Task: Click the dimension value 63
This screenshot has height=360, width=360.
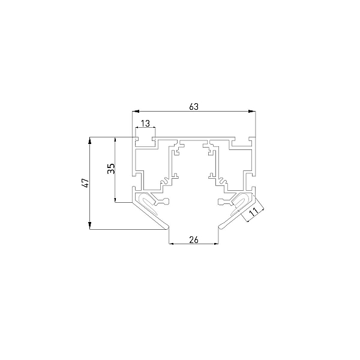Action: click(194, 107)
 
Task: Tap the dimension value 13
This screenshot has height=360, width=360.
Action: click(145, 124)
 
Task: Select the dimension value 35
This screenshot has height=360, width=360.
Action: click(111, 169)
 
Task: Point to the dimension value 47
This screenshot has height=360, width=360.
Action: click(85, 183)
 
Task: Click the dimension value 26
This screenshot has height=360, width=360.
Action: click(194, 239)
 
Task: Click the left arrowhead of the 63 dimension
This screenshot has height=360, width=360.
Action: click(136, 112)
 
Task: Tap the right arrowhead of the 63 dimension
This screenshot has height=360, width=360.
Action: click(252, 112)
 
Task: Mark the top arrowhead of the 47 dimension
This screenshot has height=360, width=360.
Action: click(90, 140)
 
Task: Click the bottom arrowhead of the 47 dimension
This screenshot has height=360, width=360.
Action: click(90, 226)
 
